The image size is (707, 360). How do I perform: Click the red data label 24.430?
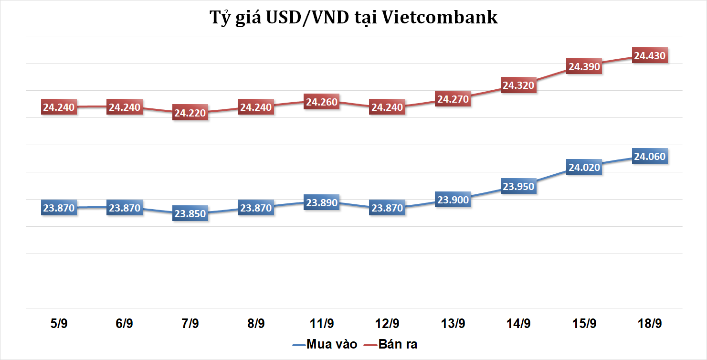(649, 56)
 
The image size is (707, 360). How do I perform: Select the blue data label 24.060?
(649, 156)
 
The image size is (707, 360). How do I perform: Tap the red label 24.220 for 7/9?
(190, 113)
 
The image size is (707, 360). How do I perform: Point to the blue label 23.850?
(190, 214)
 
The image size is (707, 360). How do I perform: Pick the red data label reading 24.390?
(583, 67)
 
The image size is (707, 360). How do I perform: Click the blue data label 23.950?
(518, 186)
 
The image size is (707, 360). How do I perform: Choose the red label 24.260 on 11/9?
(322, 102)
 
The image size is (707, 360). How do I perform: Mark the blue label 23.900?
(453, 200)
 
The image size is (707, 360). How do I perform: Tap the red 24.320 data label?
(518, 85)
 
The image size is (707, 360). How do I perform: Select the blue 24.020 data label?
(583, 167)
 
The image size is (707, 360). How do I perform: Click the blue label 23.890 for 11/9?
(322, 202)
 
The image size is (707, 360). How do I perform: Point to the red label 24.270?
(453, 99)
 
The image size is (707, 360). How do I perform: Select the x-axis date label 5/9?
(59, 323)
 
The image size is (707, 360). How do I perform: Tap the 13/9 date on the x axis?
(453, 323)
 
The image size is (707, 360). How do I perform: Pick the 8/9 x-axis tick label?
(256, 323)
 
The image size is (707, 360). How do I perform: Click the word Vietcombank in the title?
(441, 18)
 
